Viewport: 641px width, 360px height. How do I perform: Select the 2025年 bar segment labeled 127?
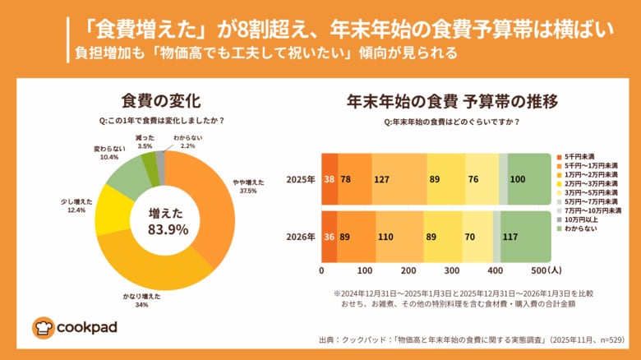click(399, 178)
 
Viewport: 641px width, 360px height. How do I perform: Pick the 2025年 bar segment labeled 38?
click(329, 178)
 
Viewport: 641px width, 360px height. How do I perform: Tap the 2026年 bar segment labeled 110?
click(399, 237)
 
